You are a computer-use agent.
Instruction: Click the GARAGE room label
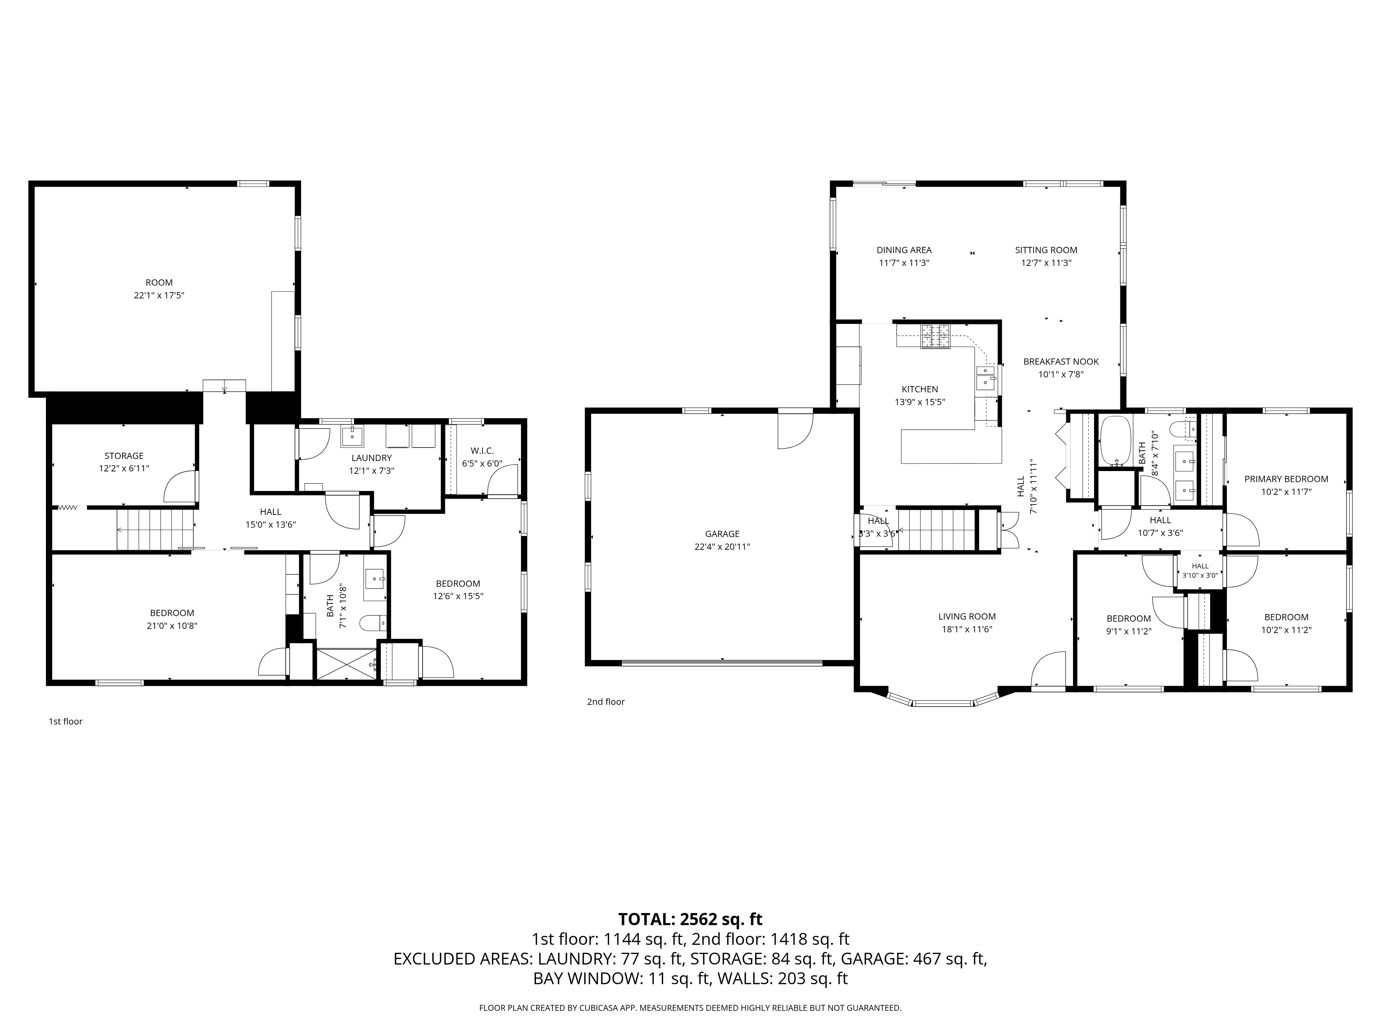722,534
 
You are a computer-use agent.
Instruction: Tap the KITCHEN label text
920,389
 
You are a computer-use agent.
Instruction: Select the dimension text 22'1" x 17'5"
159,295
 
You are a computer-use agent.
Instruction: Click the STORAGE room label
124,456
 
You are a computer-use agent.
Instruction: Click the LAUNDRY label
371,458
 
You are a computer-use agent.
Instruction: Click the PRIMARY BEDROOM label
1286,479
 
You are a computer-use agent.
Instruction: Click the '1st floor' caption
66,721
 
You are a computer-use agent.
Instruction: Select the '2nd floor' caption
606,701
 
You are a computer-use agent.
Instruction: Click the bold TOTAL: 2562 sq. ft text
690,919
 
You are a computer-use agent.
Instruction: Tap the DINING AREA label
904,250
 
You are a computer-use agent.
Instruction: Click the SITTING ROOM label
1046,250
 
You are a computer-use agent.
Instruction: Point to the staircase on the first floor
155,529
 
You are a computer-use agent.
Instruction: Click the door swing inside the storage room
180,487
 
